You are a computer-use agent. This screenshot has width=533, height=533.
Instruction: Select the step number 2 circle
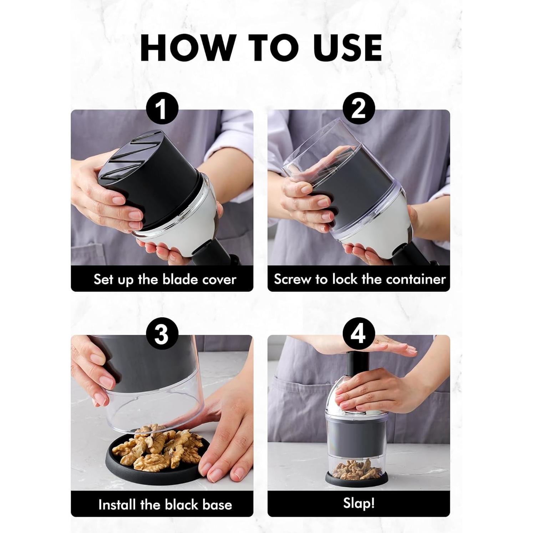click(x=359, y=108)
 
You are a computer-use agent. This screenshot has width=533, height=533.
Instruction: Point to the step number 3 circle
click(x=162, y=334)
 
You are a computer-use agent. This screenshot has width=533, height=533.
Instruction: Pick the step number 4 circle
click(x=359, y=334)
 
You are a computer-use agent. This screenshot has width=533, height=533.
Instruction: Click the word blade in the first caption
click(x=181, y=279)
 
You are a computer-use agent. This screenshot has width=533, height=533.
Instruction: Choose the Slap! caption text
click(x=359, y=503)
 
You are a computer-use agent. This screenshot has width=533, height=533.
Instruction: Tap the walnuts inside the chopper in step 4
click(x=357, y=470)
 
